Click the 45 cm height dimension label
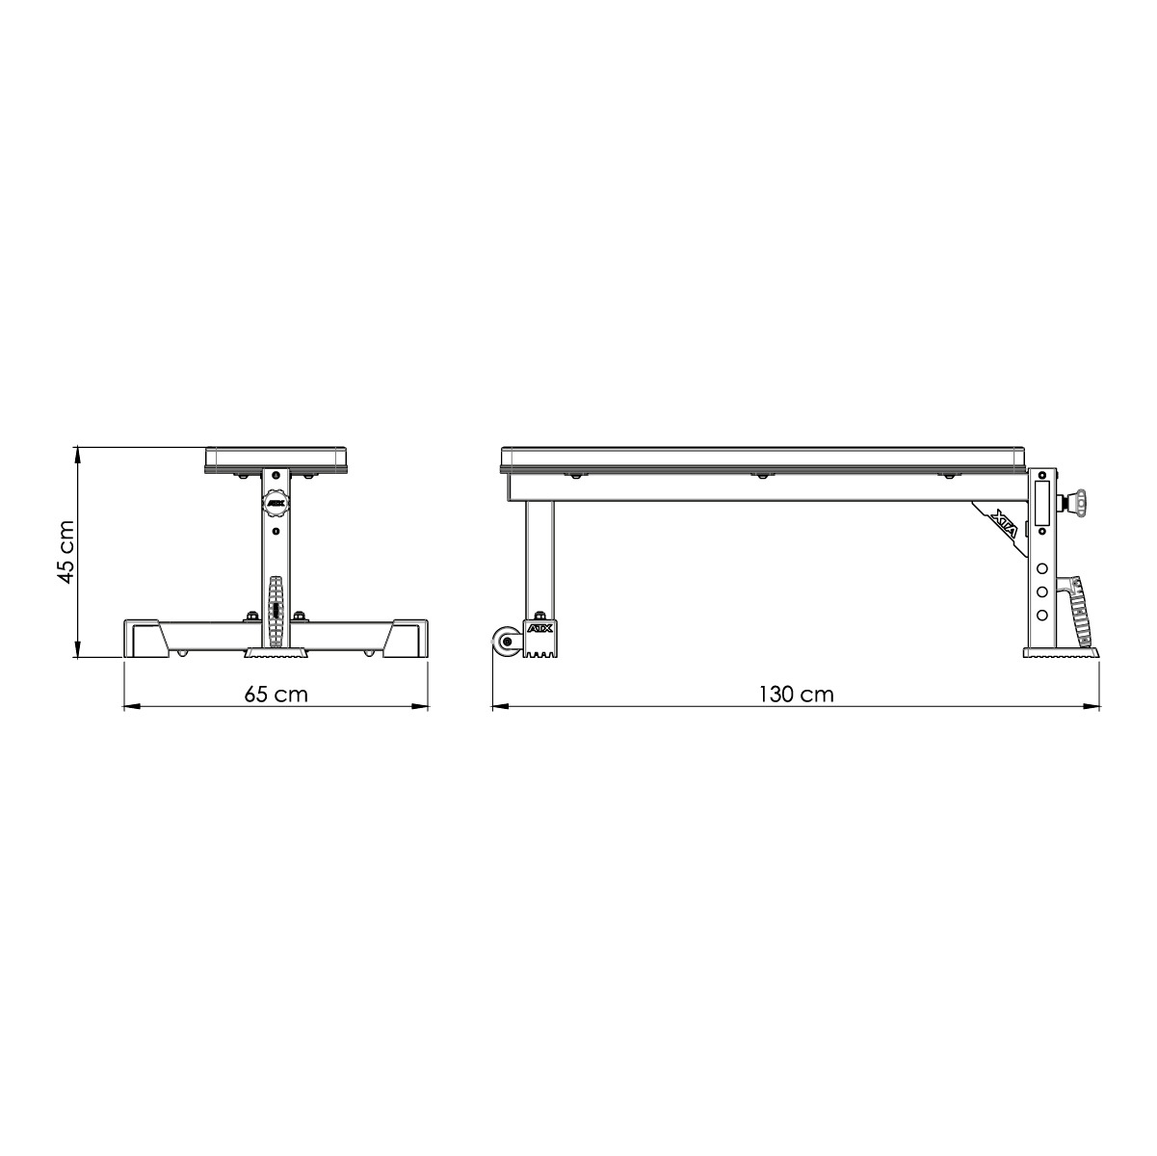[x=65, y=553]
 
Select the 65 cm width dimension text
[x=276, y=694]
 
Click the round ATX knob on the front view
[x=275, y=502]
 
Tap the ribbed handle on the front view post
[x=276, y=613]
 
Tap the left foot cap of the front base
[x=143, y=640]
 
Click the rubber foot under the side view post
[x=1062, y=653]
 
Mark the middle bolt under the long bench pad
[x=761, y=476]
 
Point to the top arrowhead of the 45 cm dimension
[x=76, y=452]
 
